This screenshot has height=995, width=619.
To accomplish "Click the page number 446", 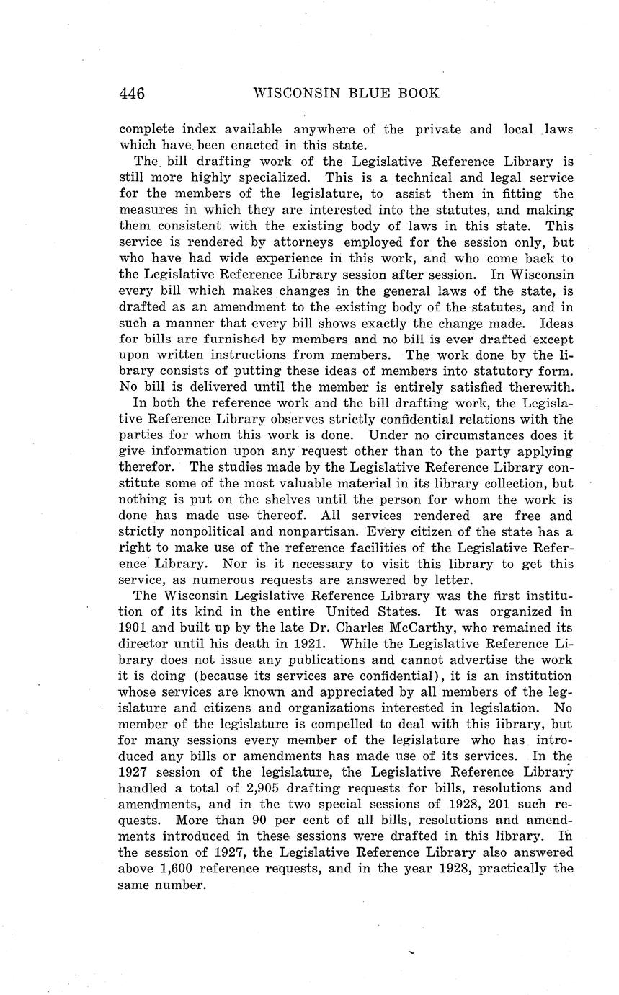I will pos(132,94).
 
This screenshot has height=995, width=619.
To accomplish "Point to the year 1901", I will pos(133,628).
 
